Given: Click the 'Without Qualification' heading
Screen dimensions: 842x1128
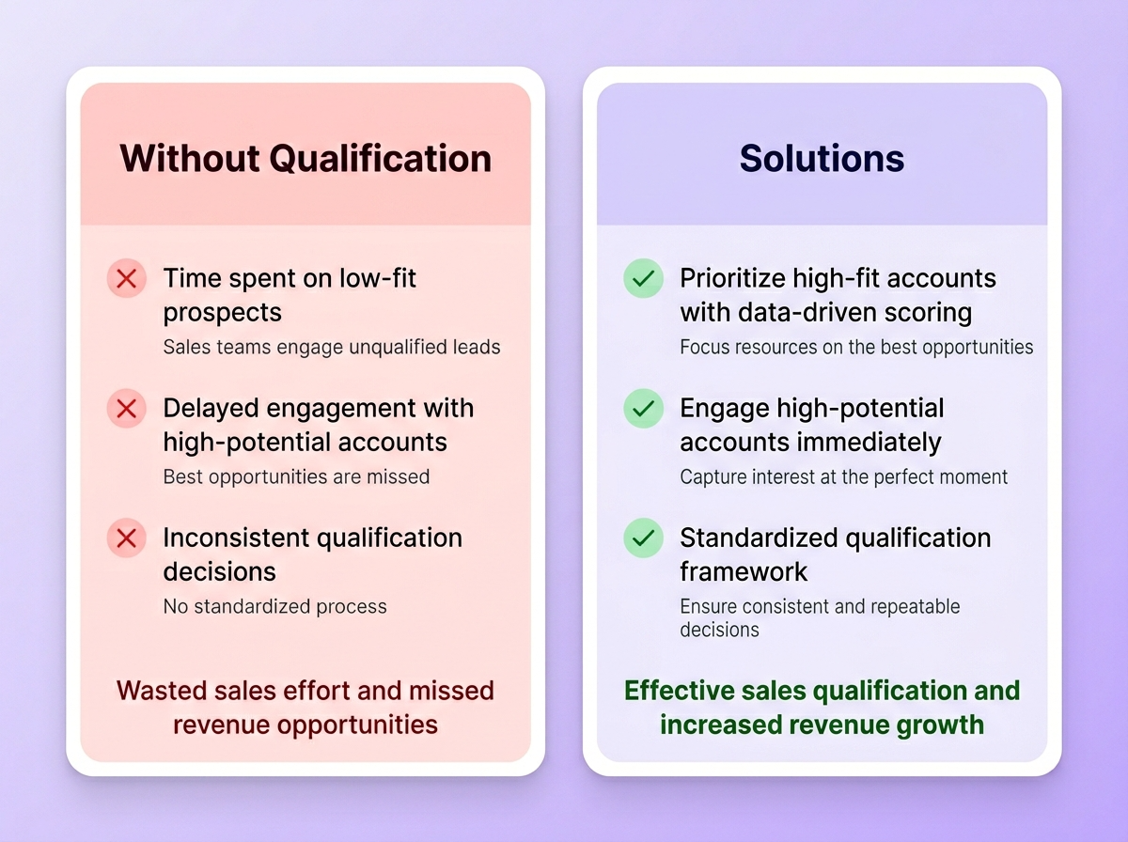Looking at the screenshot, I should click(305, 158).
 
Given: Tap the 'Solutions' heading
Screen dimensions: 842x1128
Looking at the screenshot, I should click(822, 158).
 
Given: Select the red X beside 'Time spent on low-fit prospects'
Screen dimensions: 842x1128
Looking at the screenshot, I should click(126, 279).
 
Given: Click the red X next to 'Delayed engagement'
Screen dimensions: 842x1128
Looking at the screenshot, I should click(126, 409).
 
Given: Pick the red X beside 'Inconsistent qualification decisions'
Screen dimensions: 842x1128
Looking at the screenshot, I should click(126, 538).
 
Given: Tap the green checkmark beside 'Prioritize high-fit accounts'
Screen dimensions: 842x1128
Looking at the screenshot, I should click(643, 279).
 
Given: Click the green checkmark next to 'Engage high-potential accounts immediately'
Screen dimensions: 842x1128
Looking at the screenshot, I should click(643, 409).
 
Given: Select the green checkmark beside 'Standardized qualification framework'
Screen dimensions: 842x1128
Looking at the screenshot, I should click(643, 538).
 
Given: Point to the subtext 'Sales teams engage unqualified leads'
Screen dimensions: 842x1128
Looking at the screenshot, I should click(332, 347).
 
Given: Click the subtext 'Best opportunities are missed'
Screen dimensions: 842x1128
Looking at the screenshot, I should click(296, 476).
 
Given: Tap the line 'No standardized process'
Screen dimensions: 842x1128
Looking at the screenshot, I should click(274, 606).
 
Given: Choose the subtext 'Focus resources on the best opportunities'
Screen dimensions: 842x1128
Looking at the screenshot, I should click(856, 347).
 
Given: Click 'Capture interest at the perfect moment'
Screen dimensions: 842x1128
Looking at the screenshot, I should click(843, 476).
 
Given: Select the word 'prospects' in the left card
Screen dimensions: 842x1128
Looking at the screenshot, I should click(222, 312).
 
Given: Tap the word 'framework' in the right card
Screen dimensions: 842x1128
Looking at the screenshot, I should click(743, 571).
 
